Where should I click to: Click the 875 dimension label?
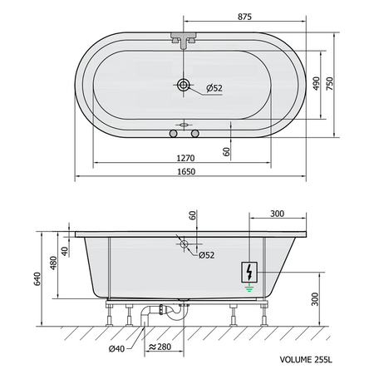click(x=244, y=17)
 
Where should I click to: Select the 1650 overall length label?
click(x=186, y=172)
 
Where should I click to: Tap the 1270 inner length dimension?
click(x=185, y=158)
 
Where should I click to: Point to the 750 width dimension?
click(x=330, y=83)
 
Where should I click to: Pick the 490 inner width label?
click(x=316, y=83)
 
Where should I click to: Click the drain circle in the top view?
click(x=184, y=85)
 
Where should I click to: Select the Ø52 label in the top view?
click(x=214, y=88)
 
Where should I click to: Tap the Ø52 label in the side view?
click(x=206, y=255)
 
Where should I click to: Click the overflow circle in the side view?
click(x=184, y=244)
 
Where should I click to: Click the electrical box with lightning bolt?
click(x=249, y=273)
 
